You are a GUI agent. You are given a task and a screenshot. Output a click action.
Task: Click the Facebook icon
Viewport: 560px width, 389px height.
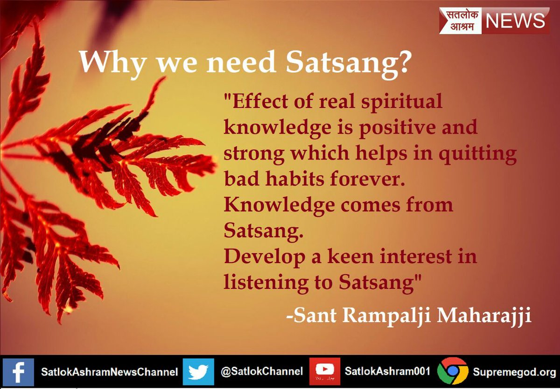[x=18, y=372]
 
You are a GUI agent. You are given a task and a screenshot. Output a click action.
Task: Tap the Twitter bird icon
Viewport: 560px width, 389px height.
[x=198, y=372]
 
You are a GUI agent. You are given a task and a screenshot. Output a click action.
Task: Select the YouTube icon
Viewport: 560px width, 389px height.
[x=324, y=371]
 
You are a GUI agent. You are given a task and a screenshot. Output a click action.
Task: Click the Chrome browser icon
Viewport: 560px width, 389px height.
[x=453, y=371]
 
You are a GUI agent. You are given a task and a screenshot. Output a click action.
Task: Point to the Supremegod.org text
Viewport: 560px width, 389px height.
[x=514, y=372]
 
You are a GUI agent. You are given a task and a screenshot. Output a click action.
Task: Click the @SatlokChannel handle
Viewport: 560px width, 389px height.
[x=262, y=371]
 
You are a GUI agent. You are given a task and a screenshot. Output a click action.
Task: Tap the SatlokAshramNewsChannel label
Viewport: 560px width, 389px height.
[x=109, y=372]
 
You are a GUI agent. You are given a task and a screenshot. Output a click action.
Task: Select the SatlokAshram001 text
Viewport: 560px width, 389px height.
[x=387, y=371]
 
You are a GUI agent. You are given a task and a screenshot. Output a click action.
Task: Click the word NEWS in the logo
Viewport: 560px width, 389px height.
[x=515, y=21]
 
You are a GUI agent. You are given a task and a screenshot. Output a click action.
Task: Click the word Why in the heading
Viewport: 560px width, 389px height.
[x=112, y=63]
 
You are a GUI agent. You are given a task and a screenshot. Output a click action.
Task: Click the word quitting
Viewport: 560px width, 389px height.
[x=477, y=154]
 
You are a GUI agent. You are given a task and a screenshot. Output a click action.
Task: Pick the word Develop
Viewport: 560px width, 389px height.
[x=265, y=257]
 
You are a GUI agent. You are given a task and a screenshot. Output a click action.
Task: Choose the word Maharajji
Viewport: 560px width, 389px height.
[x=484, y=316]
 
